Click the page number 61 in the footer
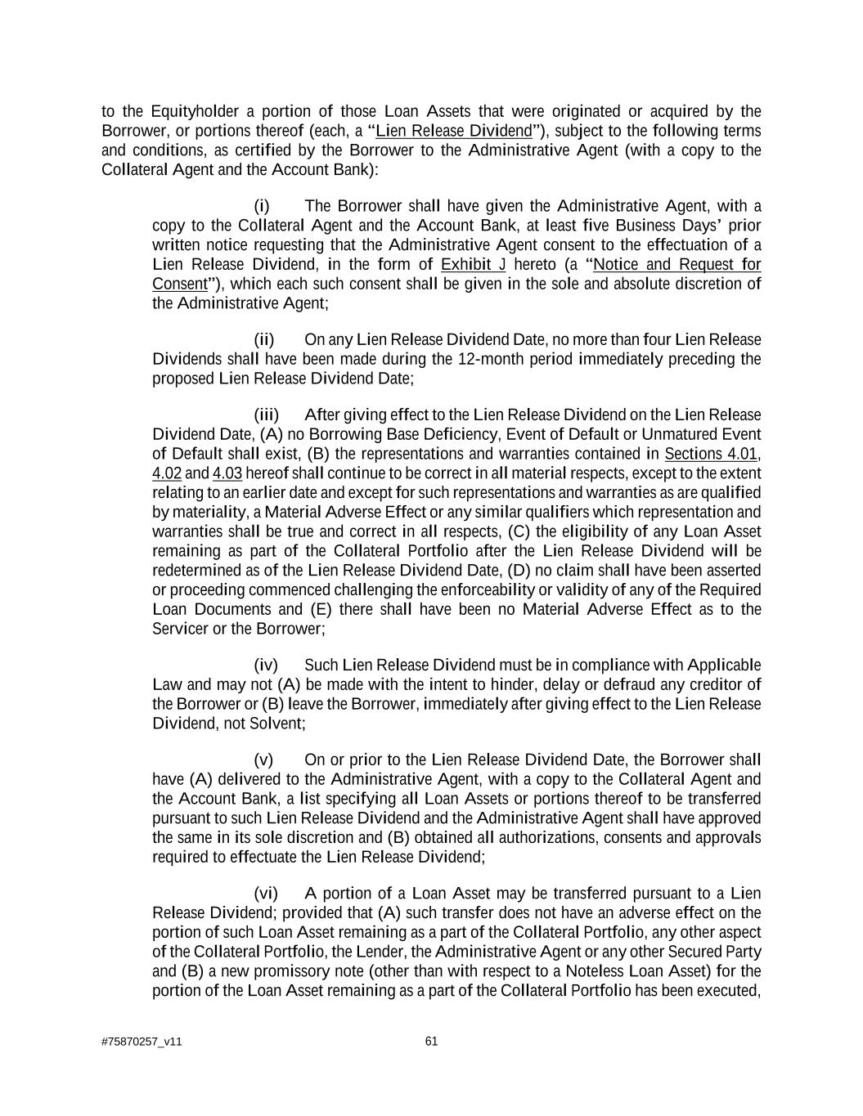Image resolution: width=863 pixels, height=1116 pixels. click(x=432, y=1041)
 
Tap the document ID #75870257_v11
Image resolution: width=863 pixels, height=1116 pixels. click(x=142, y=1042)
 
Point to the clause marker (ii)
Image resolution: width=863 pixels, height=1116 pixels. click(x=263, y=339)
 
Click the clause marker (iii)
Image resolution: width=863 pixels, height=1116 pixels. click(x=266, y=415)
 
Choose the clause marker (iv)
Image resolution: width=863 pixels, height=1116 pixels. click(x=266, y=665)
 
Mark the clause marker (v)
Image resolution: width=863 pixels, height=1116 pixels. click(x=263, y=760)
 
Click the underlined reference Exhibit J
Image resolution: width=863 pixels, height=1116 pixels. click(x=473, y=264)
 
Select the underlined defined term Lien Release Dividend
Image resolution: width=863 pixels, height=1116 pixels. click(x=453, y=131)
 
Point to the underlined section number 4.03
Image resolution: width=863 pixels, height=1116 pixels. click(x=227, y=473)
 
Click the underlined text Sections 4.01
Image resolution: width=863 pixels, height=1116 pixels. click(x=711, y=454)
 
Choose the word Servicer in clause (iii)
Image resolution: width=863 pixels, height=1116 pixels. click(x=180, y=629)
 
